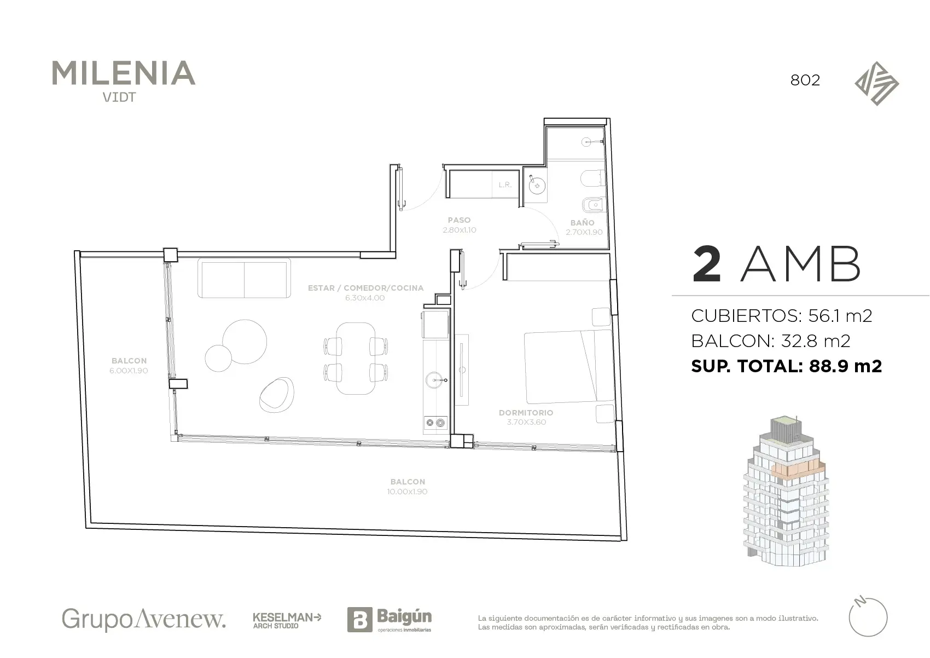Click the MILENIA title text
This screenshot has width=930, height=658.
pos(123,73)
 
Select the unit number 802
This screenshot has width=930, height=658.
pos(805,80)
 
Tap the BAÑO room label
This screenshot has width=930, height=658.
pos(582,223)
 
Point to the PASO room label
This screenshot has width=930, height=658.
pos(459,220)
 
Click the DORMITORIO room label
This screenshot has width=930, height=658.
pos(526,413)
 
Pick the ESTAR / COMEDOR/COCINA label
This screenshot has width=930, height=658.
pos(365,288)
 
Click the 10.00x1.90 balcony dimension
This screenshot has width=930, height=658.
pos(407,492)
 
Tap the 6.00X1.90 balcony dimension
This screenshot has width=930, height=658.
pos(129,371)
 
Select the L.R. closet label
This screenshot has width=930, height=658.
pos(505,185)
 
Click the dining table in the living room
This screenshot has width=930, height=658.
pos(356,359)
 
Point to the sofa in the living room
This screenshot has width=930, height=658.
pos(244,278)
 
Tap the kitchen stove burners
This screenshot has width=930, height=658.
pos(435,423)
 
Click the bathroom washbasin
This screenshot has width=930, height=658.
pos(537,186)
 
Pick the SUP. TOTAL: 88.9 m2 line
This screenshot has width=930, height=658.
pos(786,366)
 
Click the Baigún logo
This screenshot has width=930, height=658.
pos(390,619)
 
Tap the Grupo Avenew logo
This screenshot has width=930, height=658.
pos(144,619)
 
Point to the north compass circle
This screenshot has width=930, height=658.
pos(868,617)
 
